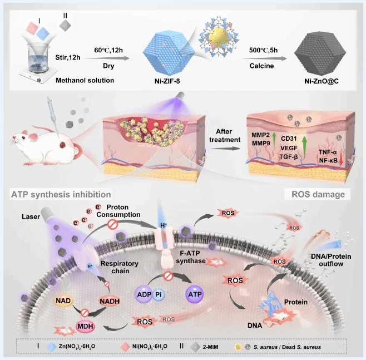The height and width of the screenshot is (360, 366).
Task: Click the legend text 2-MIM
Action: pos(217,346)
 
